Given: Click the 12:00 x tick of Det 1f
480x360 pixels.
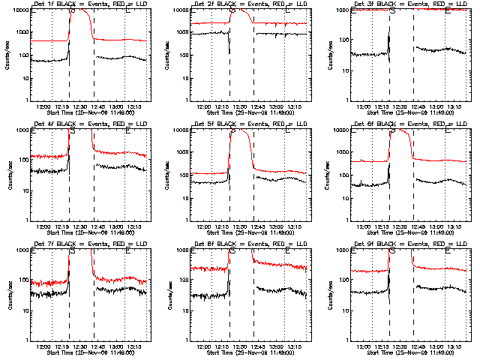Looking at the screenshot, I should point(43,106).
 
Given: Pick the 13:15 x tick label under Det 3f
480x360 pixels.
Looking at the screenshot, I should point(454,106).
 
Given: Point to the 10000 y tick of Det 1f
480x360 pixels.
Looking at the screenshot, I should point(19,10).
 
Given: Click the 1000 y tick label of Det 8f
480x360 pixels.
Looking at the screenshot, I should point(180,250).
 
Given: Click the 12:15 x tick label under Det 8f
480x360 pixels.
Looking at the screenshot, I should point(223,346).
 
